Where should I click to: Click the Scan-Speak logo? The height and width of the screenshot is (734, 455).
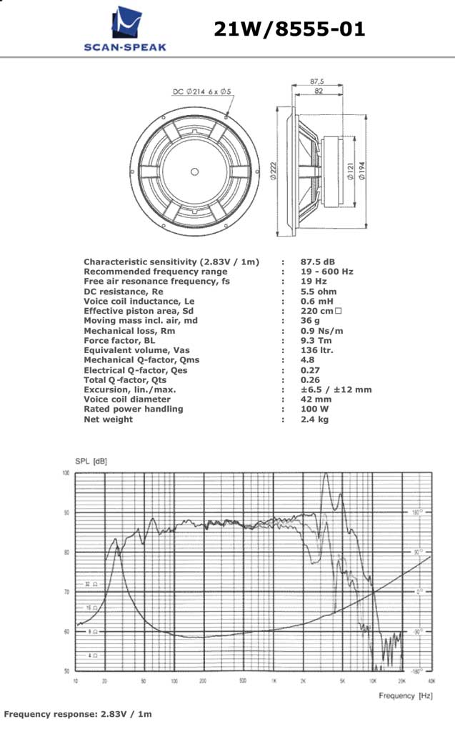pos(124,29)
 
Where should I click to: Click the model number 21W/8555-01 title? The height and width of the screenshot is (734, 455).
pos(289,29)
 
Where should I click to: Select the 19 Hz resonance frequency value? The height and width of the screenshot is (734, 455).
pos(314,282)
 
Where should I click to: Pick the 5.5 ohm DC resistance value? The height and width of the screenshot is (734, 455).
pos(319,292)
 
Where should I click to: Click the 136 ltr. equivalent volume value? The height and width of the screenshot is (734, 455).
pos(317,350)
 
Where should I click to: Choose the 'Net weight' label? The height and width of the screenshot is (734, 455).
pos(108,420)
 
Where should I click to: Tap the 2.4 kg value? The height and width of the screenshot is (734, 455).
pos(314,420)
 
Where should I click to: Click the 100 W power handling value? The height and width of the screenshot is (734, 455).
pos(314,410)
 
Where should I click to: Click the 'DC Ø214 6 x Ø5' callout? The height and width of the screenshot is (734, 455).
pos(202,91)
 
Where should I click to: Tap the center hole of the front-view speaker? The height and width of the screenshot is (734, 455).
pos(195,171)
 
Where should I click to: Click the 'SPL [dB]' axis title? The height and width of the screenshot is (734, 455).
pos(91,462)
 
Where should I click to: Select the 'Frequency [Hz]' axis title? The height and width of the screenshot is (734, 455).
pos(406,695)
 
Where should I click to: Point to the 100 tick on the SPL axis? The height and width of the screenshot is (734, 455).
pos(66,473)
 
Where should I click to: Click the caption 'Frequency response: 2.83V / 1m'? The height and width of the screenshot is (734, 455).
pos(78,714)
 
